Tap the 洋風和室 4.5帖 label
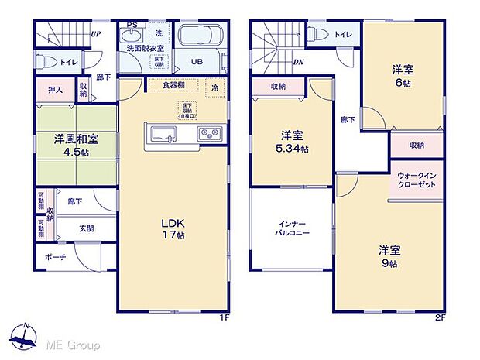click(74, 146)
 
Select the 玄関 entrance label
click(87, 228)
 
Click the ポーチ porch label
click(55, 257)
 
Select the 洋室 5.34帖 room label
click(293, 141)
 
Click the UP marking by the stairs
click(95, 34)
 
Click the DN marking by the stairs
click(298, 63)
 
